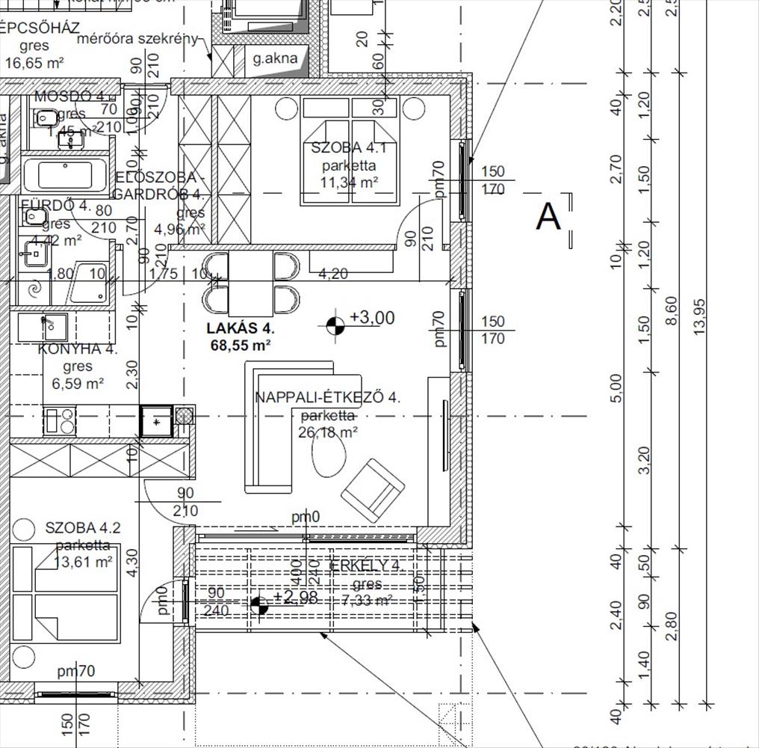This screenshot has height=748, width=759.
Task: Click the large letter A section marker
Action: [x=548, y=218]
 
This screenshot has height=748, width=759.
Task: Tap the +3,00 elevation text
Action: [x=372, y=318]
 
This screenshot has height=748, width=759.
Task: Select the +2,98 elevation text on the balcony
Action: [x=296, y=598]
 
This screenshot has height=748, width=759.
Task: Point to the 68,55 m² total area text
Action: [x=241, y=345]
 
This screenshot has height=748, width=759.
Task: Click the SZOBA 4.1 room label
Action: [x=347, y=147]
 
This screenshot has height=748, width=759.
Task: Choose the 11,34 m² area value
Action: [x=350, y=181]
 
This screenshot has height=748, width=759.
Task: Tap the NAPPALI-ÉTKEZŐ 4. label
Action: [x=327, y=398]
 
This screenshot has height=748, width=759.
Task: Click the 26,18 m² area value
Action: [x=329, y=432]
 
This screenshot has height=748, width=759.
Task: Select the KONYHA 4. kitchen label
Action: [x=78, y=349]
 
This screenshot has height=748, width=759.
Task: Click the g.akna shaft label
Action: [x=275, y=58]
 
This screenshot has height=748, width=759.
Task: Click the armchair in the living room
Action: [x=373, y=491]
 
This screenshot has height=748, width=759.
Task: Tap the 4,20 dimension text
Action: [x=332, y=274]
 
